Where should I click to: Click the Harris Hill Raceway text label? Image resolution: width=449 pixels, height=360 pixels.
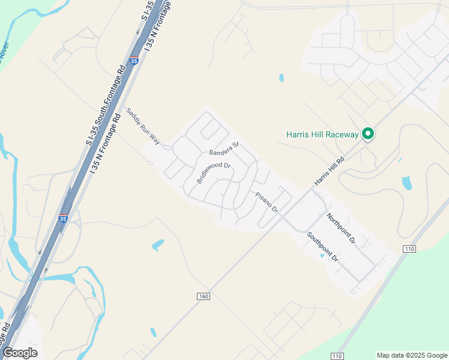[x=322, y=134]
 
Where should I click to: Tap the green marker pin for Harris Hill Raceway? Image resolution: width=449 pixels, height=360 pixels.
[x=369, y=134]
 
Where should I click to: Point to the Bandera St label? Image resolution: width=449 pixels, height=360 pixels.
[x=224, y=148]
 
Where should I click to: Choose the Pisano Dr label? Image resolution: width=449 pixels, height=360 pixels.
[x=267, y=202]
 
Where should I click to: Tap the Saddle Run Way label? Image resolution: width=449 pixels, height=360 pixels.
[x=143, y=127]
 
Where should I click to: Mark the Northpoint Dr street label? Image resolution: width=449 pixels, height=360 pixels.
[x=341, y=227]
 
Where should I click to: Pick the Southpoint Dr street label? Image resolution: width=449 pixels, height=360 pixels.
[x=323, y=247]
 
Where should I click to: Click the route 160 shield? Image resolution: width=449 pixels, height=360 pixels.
[x=203, y=296]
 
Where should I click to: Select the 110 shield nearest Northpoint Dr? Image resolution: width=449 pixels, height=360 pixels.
[x=409, y=248]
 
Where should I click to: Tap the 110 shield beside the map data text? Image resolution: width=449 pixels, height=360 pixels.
[x=337, y=356]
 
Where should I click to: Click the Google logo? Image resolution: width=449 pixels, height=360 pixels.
[x=20, y=353]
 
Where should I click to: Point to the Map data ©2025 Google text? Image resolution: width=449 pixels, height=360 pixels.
[x=412, y=355]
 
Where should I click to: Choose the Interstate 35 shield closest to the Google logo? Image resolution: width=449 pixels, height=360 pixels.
[x=63, y=218]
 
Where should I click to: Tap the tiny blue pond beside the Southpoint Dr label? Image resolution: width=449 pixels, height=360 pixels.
[x=322, y=256]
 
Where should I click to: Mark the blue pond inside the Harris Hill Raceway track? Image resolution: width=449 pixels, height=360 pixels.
[x=406, y=182]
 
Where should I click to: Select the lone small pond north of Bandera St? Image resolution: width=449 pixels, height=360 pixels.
[x=281, y=77]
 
